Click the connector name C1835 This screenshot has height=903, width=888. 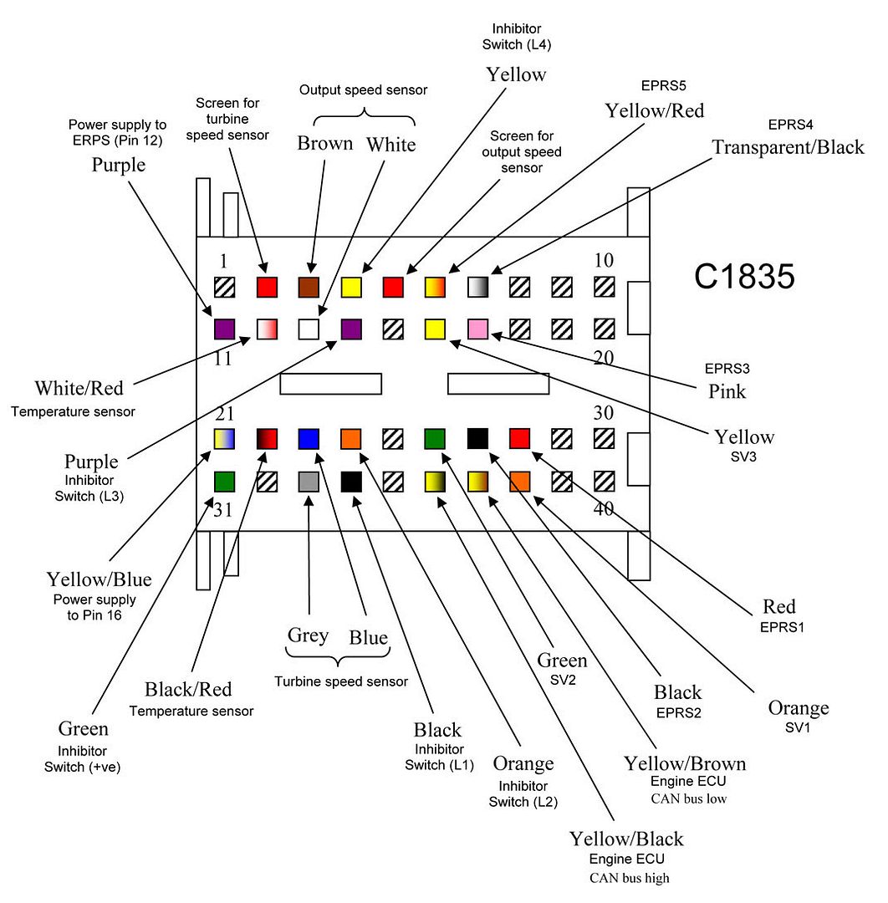click(x=744, y=277)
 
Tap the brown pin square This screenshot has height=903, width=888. click(x=309, y=288)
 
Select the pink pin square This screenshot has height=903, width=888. click(x=478, y=329)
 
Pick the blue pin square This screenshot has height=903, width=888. click(x=309, y=439)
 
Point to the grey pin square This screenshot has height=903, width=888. click(x=309, y=481)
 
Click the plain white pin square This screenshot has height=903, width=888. click(x=309, y=329)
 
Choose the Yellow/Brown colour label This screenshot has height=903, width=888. click(x=685, y=763)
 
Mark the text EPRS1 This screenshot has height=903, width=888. click(x=778, y=625)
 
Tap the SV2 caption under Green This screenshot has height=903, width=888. click(x=562, y=680)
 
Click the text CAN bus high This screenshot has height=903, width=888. click(x=630, y=877)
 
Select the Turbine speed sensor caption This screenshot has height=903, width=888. click(x=341, y=681)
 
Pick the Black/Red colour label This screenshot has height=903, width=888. click(x=188, y=690)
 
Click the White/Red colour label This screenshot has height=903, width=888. click(x=79, y=388)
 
